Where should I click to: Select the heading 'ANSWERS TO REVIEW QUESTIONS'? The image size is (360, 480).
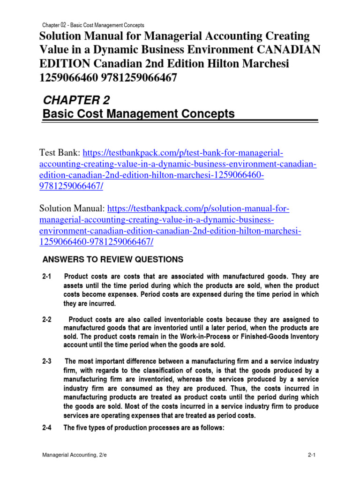tap(112, 260)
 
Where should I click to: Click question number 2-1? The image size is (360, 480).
tap(47, 277)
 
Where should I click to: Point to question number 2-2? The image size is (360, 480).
tap(47, 319)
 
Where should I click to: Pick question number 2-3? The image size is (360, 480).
tap(47, 361)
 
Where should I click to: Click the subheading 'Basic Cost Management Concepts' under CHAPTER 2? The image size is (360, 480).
tap(138, 114)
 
